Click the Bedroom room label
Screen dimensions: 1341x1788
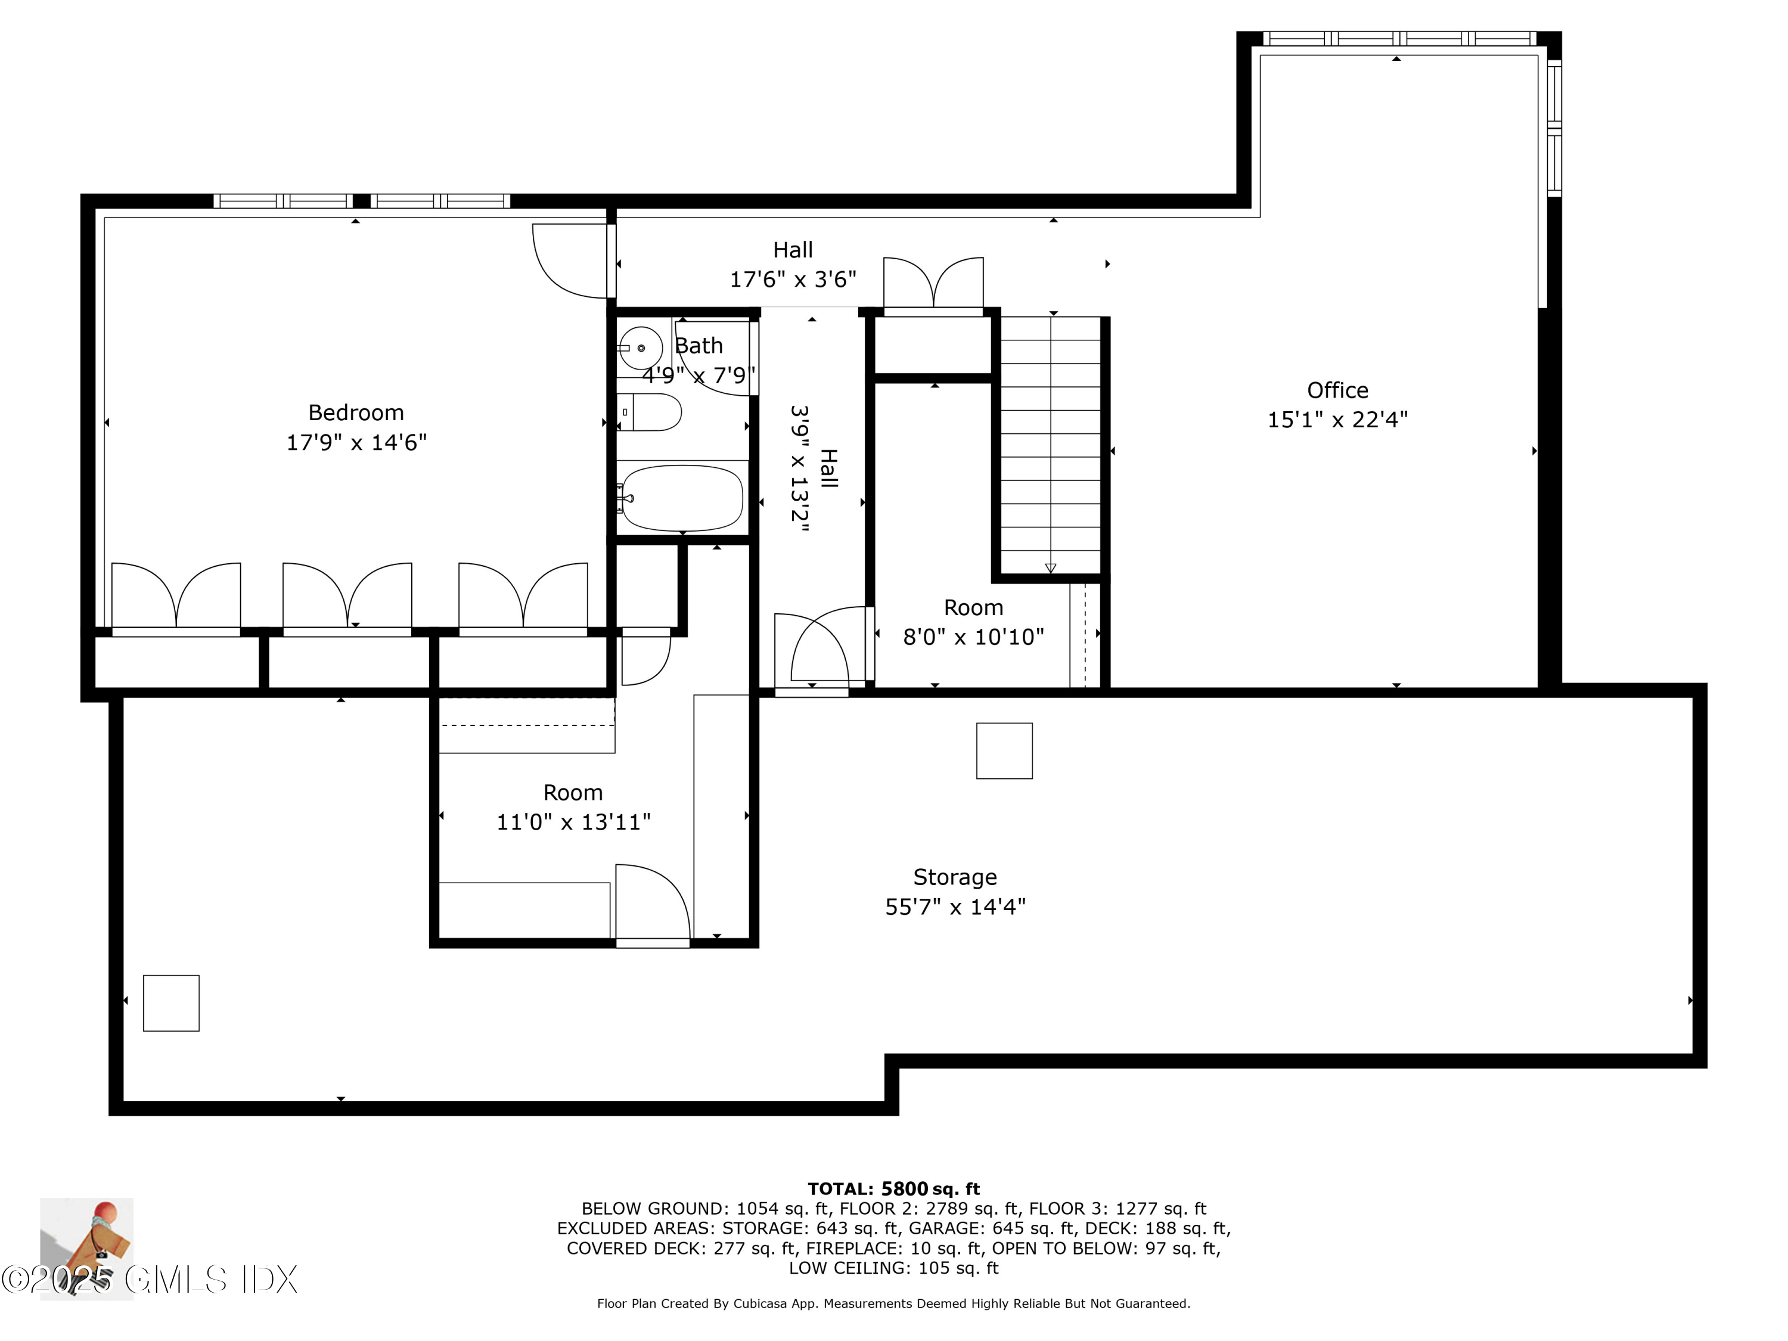click(x=356, y=413)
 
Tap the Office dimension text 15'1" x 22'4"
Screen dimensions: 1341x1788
click(x=1337, y=420)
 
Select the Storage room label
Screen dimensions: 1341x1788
click(x=955, y=877)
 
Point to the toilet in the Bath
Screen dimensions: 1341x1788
click(x=651, y=413)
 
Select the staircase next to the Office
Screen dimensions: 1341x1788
click(x=1050, y=445)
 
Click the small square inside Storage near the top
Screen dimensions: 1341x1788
click(x=1004, y=751)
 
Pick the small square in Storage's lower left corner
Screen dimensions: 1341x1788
click(x=172, y=1003)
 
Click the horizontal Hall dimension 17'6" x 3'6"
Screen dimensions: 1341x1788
click(x=793, y=280)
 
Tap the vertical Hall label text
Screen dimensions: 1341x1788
click(x=828, y=469)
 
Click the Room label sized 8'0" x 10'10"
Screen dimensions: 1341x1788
click(x=973, y=608)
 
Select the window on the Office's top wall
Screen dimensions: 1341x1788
click(x=1399, y=38)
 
